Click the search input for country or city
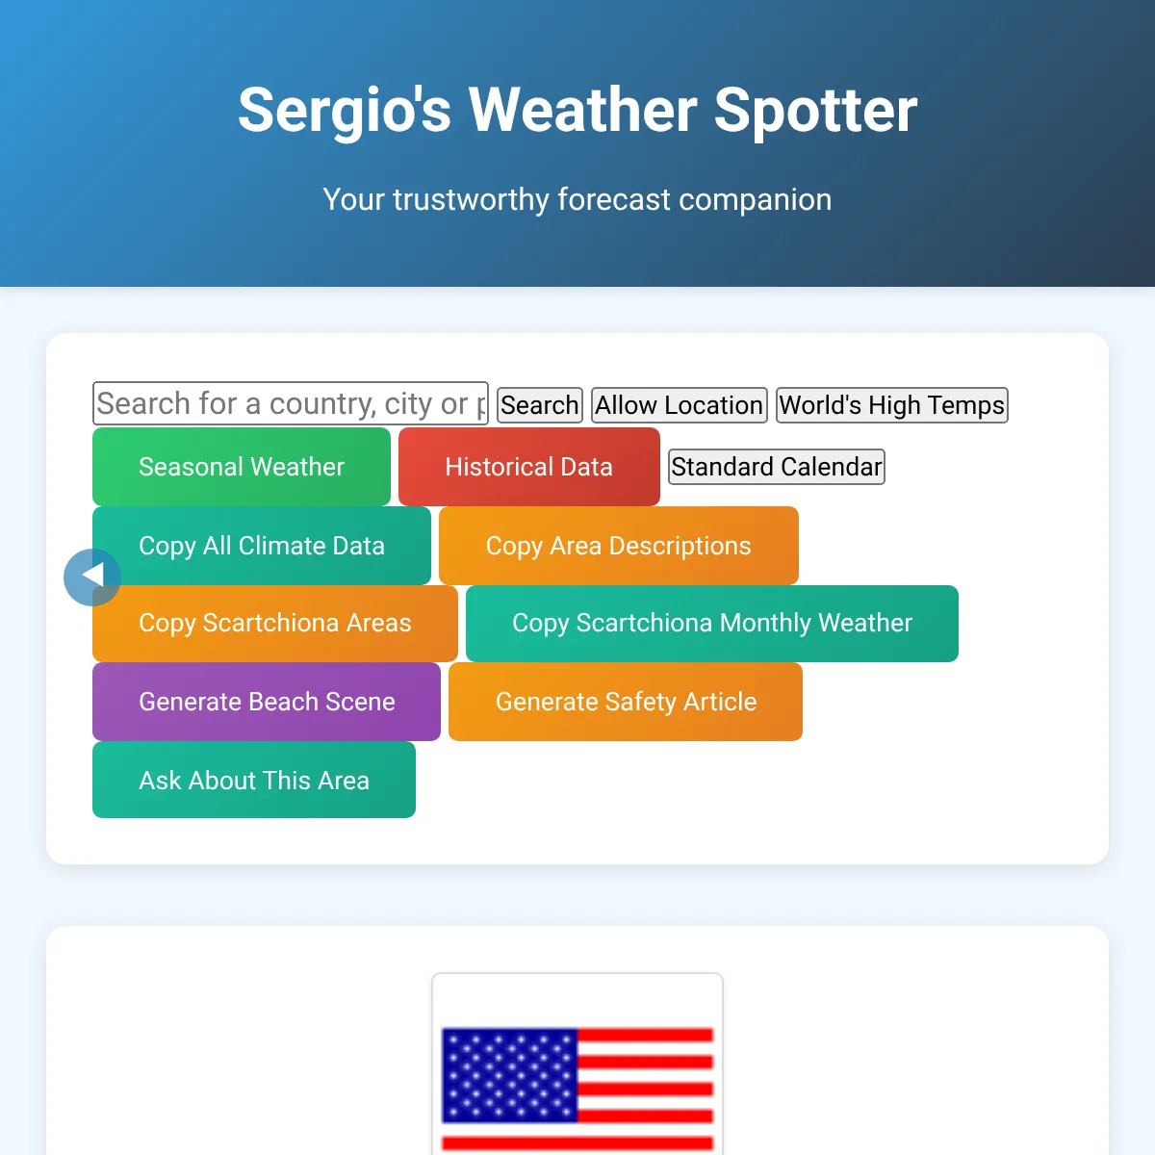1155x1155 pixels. (290, 402)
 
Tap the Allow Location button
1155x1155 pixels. (680, 405)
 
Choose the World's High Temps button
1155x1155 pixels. (892, 405)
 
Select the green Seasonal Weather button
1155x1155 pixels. (242, 466)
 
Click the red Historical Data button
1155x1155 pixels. (529, 466)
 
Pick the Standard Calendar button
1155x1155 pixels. (776, 466)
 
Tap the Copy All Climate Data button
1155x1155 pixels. (262, 546)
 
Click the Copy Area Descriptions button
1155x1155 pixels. (619, 546)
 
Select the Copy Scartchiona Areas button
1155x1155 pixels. (275, 624)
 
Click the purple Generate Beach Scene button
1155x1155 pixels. (267, 702)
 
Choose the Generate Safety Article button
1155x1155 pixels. (626, 702)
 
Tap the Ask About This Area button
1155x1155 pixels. (254, 780)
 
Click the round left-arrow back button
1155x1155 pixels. (92, 577)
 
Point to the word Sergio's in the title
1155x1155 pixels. (345, 111)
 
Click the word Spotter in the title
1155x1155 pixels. (816, 111)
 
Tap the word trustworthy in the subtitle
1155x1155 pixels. (471, 199)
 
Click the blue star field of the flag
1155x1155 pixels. (509, 1075)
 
